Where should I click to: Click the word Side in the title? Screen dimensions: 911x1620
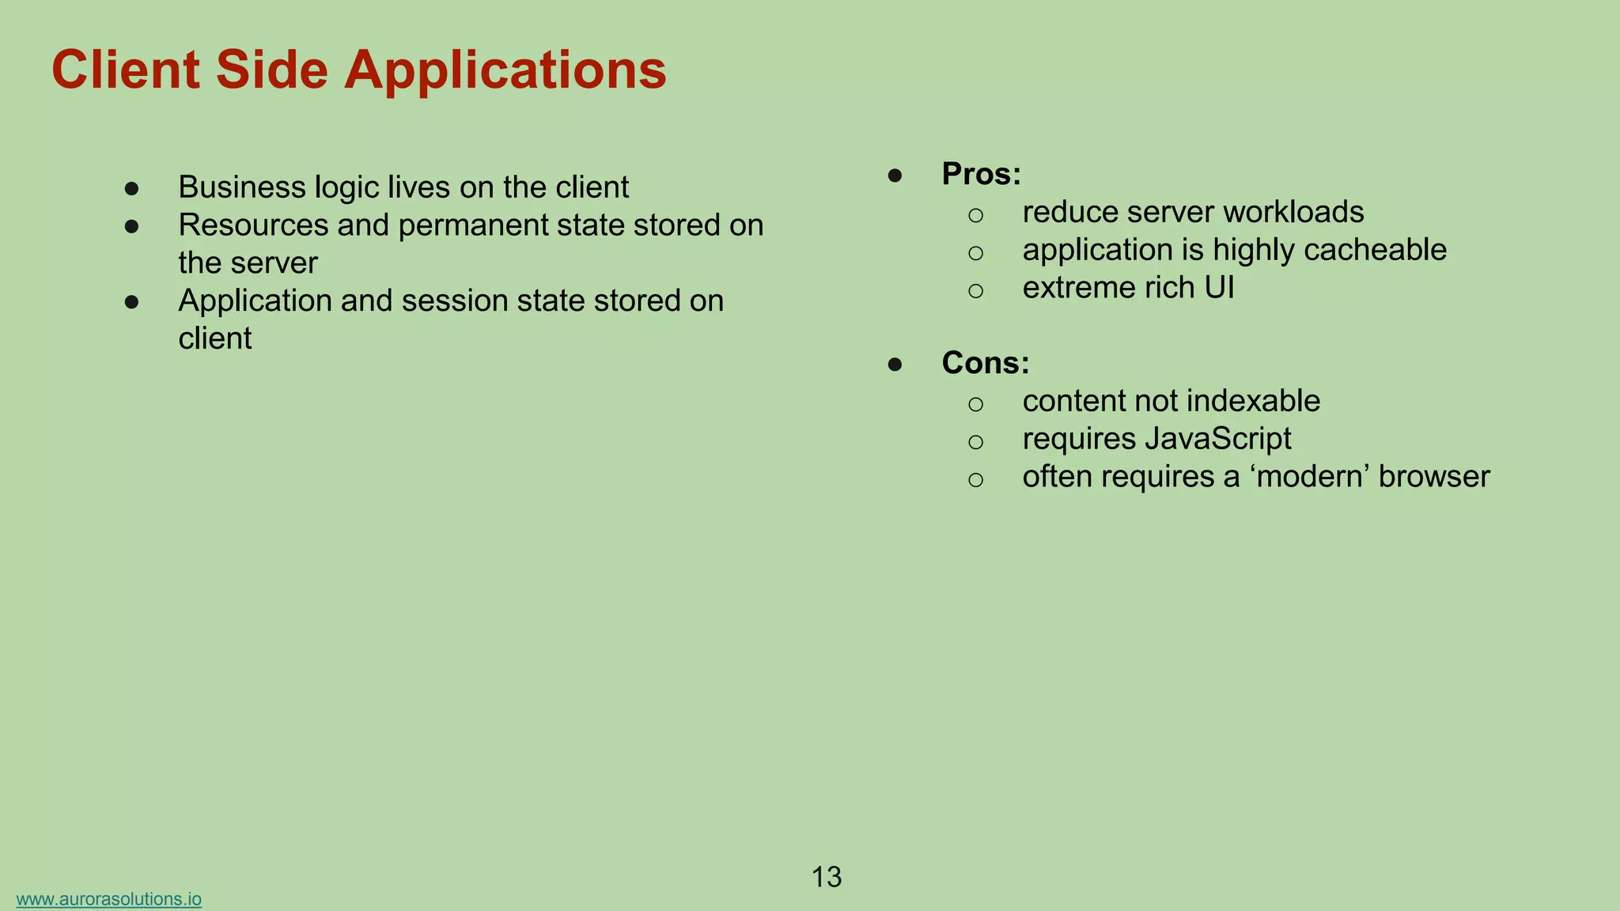(x=271, y=70)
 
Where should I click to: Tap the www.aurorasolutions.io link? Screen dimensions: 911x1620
(x=108, y=899)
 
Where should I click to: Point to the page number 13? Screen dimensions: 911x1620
(x=827, y=877)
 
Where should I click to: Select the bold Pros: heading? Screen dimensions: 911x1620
(x=981, y=174)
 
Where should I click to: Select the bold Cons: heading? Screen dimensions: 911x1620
(x=986, y=363)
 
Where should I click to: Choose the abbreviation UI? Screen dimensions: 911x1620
(x=1219, y=288)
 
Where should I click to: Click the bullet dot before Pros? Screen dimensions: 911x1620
(x=895, y=175)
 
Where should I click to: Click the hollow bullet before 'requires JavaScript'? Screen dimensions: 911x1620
(x=975, y=441)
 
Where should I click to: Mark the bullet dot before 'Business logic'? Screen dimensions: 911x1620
(x=132, y=188)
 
